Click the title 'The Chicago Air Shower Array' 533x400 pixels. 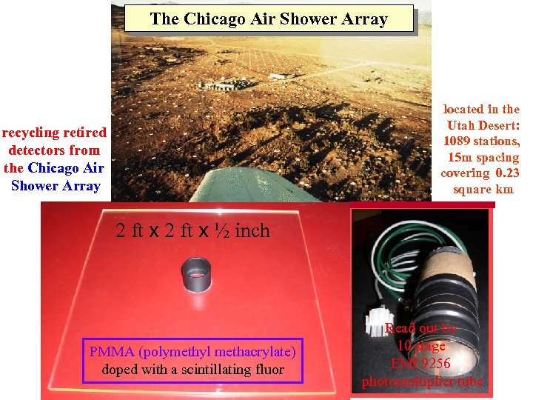[x=268, y=19]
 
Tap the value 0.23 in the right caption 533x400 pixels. [x=507, y=173]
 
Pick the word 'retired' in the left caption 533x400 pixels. [x=84, y=133]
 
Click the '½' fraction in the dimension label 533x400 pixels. [x=222, y=231]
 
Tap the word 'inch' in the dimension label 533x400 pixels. [x=252, y=231]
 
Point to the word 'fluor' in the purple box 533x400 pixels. [x=266, y=369]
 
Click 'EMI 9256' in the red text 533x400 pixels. [x=422, y=363]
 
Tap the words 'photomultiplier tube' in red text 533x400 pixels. [x=422, y=381]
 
